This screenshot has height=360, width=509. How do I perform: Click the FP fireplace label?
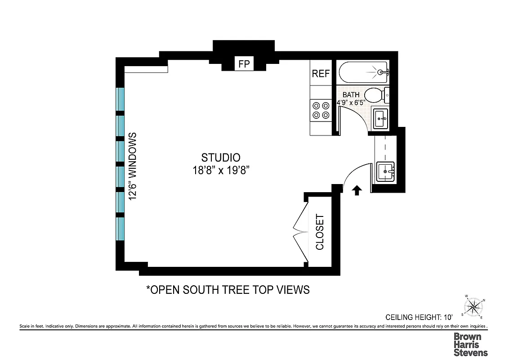(x=244, y=64)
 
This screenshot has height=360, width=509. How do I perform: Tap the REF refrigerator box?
(x=321, y=74)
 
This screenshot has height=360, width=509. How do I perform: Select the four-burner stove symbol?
(x=321, y=110)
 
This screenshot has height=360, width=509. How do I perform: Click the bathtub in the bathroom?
(x=363, y=72)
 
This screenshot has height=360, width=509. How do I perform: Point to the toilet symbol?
(x=376, y=95)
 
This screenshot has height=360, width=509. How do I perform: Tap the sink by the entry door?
(x=385, y=171)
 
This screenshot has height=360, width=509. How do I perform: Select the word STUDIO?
(x=220, y=157)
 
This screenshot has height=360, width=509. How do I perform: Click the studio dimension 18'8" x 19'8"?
(x=220, y=170)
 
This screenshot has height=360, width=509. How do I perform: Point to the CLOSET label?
(x=320, y=232)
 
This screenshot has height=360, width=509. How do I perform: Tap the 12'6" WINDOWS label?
(x=133, y=166)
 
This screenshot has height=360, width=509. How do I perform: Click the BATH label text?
(x=351, y=95)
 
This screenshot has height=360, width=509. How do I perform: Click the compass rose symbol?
(x=473, y=307)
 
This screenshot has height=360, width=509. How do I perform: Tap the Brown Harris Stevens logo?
(x=470, y=344)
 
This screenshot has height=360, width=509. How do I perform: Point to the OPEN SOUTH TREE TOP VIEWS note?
(x=228, y=289)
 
